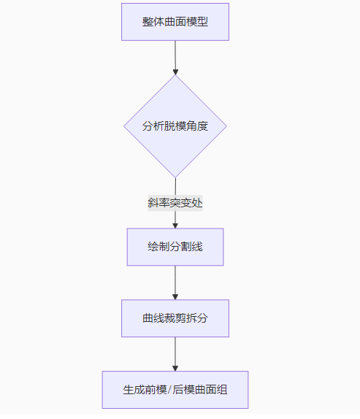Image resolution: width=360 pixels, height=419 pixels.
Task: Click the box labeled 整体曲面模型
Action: (175, 22)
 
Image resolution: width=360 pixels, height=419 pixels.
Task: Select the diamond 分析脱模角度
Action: (175, 126)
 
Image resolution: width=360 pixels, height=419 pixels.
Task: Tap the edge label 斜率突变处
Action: (175, 203)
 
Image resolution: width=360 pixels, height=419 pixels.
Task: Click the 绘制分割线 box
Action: (175, 247)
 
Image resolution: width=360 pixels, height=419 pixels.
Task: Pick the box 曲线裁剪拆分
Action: (175, 318)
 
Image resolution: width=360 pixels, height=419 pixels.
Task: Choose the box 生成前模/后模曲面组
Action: (175, 390)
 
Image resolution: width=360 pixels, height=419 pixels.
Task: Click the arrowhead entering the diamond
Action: (175, 72)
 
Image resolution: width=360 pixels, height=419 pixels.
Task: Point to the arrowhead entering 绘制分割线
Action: (175, 226)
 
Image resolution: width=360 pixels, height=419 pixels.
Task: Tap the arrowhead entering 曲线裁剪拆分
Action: (175, 297)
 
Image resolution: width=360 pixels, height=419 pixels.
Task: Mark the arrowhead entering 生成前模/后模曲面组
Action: (175, 368)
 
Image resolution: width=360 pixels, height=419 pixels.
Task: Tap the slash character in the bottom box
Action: (169, 390)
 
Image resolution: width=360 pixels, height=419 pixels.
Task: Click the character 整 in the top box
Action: (148, 22)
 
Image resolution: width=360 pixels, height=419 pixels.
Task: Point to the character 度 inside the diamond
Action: (202, 126)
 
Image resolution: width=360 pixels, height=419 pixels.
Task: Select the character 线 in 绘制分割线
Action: (197, 247)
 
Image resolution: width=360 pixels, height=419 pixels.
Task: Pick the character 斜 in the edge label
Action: (153, 203)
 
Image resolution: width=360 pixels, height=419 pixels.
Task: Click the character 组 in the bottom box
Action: (222, 390)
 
